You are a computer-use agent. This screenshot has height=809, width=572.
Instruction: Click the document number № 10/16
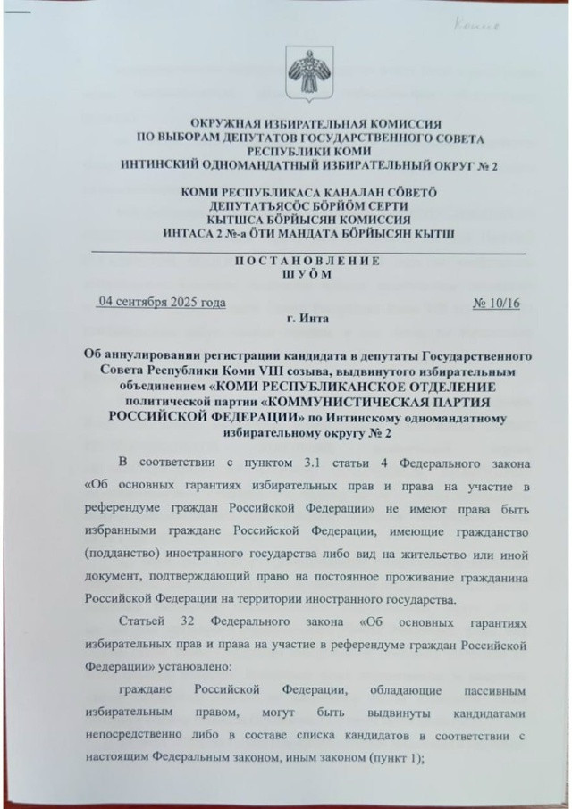click(495, 303)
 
